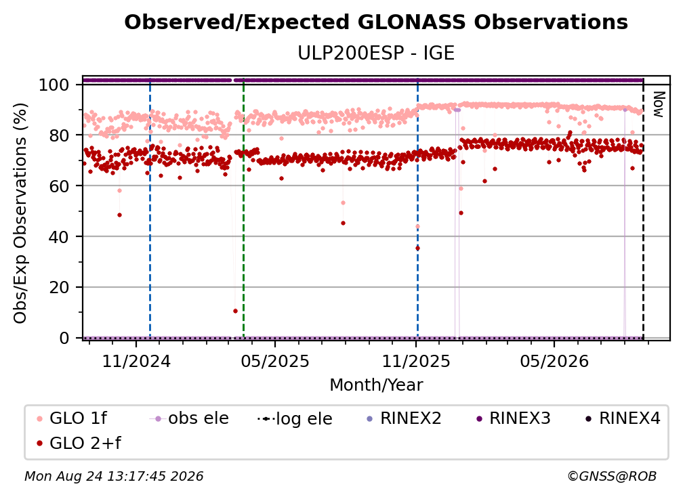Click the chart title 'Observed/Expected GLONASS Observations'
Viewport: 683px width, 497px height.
pyautogui.click(x=376, y=22)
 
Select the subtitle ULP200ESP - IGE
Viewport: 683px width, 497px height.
pyautogui.click(x=376, y=53)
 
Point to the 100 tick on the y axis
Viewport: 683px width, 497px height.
pyautogui.click(x=54, y=85)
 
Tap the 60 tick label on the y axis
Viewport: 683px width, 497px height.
pyautogui.click(x=59, y=186)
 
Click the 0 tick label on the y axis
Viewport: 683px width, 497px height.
pyautogui.click(x=64, y=338)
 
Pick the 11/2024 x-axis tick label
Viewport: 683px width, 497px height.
pyautogui.click(x=136, y=361)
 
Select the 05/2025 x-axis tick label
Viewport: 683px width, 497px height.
pyautogui.click(x=275, y=361)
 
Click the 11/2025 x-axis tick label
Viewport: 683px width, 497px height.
pyautogui.click(x=416, y=361)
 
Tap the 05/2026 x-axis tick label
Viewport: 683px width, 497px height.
pyautogui.click(x=554, y=361)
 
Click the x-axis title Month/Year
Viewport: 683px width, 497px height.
pyautogui.click(x=376, y=385)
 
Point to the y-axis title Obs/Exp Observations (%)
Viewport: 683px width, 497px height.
pyautogui.click(x=20, y=213)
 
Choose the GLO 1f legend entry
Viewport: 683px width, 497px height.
pyautogui.click(x=72, y=418)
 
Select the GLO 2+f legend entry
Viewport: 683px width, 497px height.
pyautogui.click(x=79, y=444)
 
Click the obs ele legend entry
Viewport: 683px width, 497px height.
pyautogui.click(x=188, y=418)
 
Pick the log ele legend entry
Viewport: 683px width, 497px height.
pyautogui.click(x=295, y=418)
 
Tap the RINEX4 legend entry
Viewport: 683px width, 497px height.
pyautogui.click(x=623, y=418)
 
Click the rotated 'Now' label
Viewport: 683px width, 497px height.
pyautogui.click(x=658, y=104)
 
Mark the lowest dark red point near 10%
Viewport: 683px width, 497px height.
pyautogui.click(x=235, y=311)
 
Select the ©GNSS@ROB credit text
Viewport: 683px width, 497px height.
pyautogui.click(x=612, y=477)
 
